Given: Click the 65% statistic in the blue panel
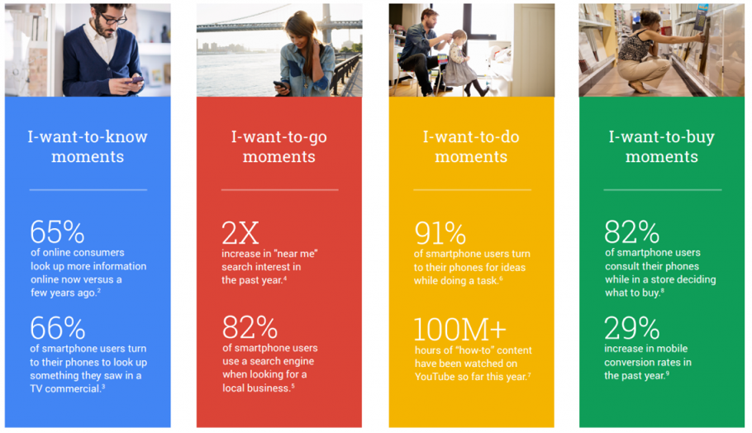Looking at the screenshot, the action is click(x=57, y=232).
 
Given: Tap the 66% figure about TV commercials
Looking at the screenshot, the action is click(x=58, y=328).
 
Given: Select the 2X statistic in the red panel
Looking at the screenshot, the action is click(x=240, y=233).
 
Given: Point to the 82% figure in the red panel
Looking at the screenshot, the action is click(x=250, y=327).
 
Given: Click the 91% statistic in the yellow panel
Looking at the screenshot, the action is click(x=440, y=233).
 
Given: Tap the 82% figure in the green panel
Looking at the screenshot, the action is click(x=631, y=231).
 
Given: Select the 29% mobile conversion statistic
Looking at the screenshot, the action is click(x=631, y=328).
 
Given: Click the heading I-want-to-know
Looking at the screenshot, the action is click(x=88, y=136).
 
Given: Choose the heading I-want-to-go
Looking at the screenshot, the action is click(x=279, y=137).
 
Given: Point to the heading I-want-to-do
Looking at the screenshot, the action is click(x=471, y=136).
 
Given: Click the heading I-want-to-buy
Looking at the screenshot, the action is click(x=662, y=137).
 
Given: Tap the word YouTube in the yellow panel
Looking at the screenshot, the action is click(x=435, y=377).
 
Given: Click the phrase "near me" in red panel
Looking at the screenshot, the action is click(x=296, y=254).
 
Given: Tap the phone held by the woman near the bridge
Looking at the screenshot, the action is click(x=280, y=85).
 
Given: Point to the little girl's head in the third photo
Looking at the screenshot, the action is click(x=459, y=38).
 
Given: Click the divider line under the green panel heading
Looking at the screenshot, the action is click(x=662, y=190).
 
